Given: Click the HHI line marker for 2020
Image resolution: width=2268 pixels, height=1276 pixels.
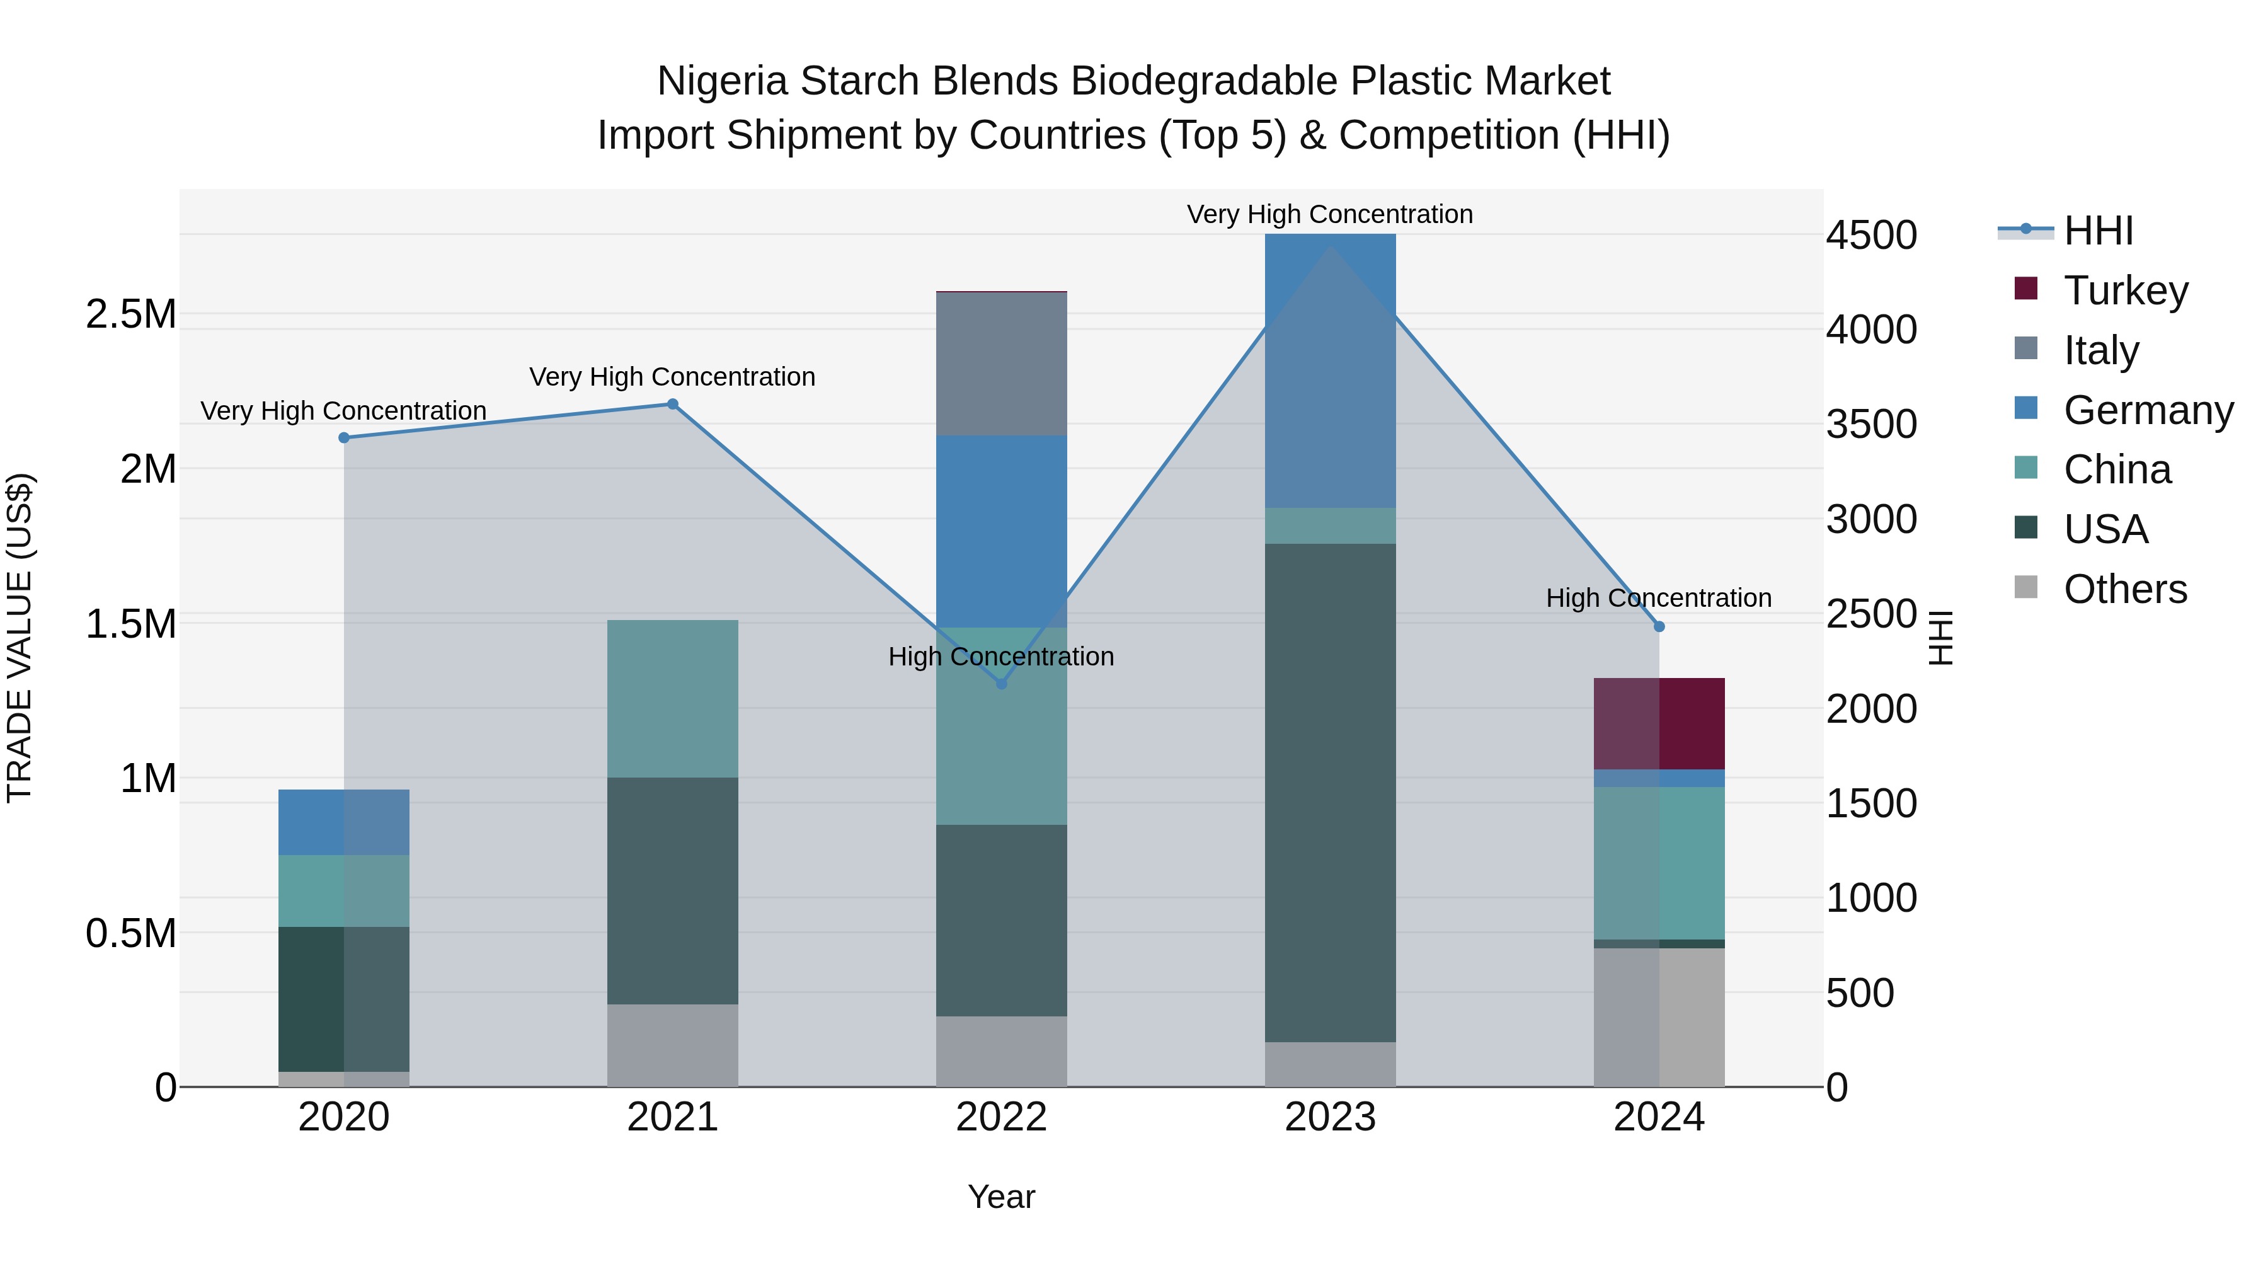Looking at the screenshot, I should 344,438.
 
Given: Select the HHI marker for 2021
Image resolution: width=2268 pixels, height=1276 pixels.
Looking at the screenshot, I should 673,404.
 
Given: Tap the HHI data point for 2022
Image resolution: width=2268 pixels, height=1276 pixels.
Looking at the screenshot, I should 1001,683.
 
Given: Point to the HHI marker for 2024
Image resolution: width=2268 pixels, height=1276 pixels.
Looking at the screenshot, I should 1659,626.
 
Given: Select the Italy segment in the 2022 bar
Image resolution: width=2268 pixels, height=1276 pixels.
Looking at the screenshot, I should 1001,363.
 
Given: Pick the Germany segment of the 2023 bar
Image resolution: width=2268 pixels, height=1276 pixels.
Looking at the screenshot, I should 1331,370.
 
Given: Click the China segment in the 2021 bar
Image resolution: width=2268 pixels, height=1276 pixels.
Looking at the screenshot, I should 673,698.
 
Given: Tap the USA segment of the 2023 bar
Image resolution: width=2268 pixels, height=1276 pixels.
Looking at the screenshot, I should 1331,793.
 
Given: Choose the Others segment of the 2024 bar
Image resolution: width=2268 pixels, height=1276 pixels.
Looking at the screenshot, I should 1659,1017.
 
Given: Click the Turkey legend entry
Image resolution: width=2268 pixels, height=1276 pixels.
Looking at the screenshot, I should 2124,290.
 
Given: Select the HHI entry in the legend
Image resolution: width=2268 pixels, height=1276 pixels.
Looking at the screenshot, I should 2097,231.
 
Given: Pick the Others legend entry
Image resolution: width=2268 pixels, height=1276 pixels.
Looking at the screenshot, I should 2124,589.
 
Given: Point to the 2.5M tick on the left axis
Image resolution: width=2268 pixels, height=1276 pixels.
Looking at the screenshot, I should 130,314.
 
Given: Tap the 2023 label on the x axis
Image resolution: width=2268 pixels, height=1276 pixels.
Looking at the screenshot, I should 1331,1117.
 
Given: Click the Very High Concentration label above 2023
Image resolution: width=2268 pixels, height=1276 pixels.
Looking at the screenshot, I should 1329,214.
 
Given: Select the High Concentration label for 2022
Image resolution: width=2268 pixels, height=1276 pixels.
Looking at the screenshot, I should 1001,656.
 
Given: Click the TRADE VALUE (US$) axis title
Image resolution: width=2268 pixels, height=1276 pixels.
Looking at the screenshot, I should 20,638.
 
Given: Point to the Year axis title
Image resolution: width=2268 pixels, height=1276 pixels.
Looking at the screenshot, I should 1001,1197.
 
